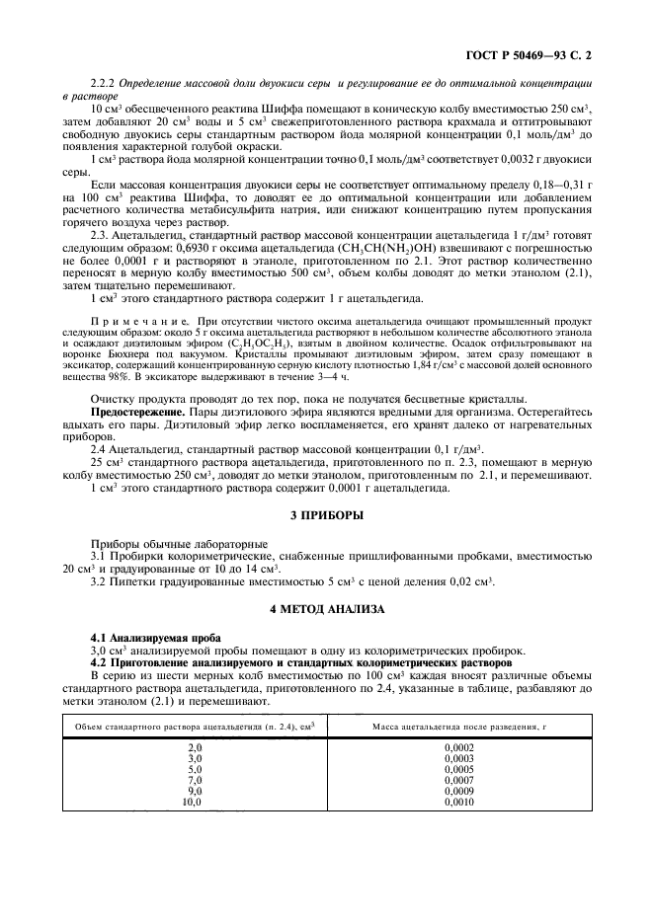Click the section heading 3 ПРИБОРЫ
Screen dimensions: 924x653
pos(326,515)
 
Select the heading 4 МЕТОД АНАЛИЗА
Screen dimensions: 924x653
pos(326,610)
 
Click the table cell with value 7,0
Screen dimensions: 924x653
pos(195,780)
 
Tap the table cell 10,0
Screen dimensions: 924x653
pos(193,802)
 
